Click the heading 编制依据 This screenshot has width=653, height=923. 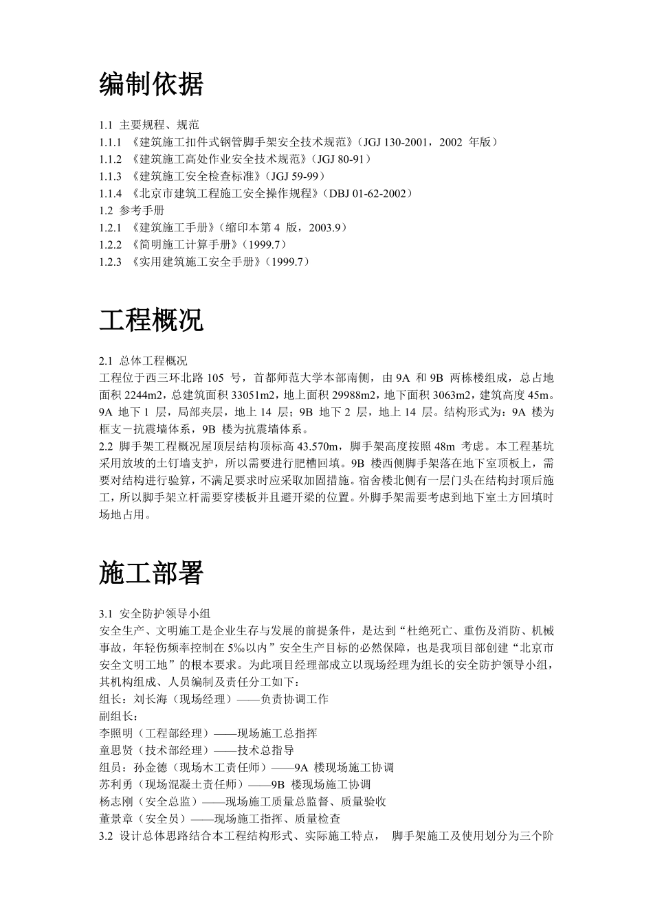click(x=151, y=84)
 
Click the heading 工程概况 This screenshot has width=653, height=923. click(x=151, y=320)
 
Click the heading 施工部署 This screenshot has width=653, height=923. click(x=151, y=573)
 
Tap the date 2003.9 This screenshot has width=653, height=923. click(x=324, y=227)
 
